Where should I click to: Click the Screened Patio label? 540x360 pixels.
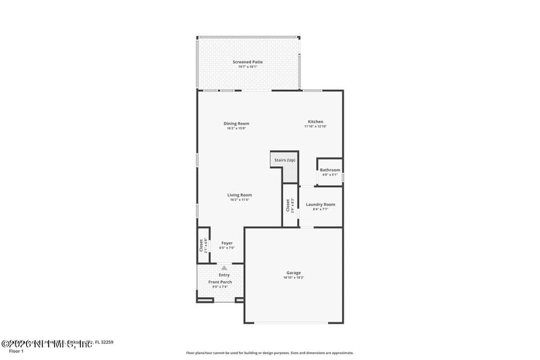click(x=248, y=62)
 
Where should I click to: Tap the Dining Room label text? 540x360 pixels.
click(x=236, y=124)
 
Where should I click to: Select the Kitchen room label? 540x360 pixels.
click(x=315, y=122)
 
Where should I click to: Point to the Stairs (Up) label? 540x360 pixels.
click(x=284, y=160)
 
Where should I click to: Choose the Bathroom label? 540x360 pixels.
click(x=330, y=170)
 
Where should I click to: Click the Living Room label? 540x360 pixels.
click(x=240, y=195)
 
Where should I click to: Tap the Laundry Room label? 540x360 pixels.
click(x=320, y=204)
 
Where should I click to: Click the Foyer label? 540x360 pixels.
click(x=227, y=243)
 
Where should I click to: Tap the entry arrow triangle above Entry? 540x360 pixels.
click(x=224, y=268)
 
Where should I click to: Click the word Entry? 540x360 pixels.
click(x=224, y=275)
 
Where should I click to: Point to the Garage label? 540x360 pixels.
click(x=293, y=273)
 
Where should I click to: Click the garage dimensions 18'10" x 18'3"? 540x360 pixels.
click(x=293, y=278)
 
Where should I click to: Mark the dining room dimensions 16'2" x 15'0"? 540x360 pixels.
click(x=236, y=128)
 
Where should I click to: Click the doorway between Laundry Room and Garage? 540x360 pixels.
click(x=306, y=227)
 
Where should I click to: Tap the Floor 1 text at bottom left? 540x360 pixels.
click(x=16, y=351)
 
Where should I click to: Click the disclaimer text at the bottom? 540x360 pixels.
click(x=269, y=353)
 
